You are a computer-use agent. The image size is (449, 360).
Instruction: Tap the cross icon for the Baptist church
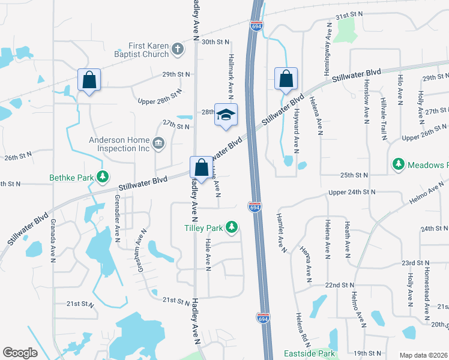point(177,49)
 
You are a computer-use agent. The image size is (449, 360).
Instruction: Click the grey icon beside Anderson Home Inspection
point(158,142)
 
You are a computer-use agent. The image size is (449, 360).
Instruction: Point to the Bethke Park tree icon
point(104,176)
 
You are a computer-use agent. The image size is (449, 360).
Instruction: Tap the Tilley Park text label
point(203,228)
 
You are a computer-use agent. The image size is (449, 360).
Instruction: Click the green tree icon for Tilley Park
point(231,227)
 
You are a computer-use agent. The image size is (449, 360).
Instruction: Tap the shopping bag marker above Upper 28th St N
point(89,80)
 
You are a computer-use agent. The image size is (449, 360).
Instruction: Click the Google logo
point(20,353)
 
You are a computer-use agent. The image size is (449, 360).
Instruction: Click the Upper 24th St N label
point(352,192)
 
